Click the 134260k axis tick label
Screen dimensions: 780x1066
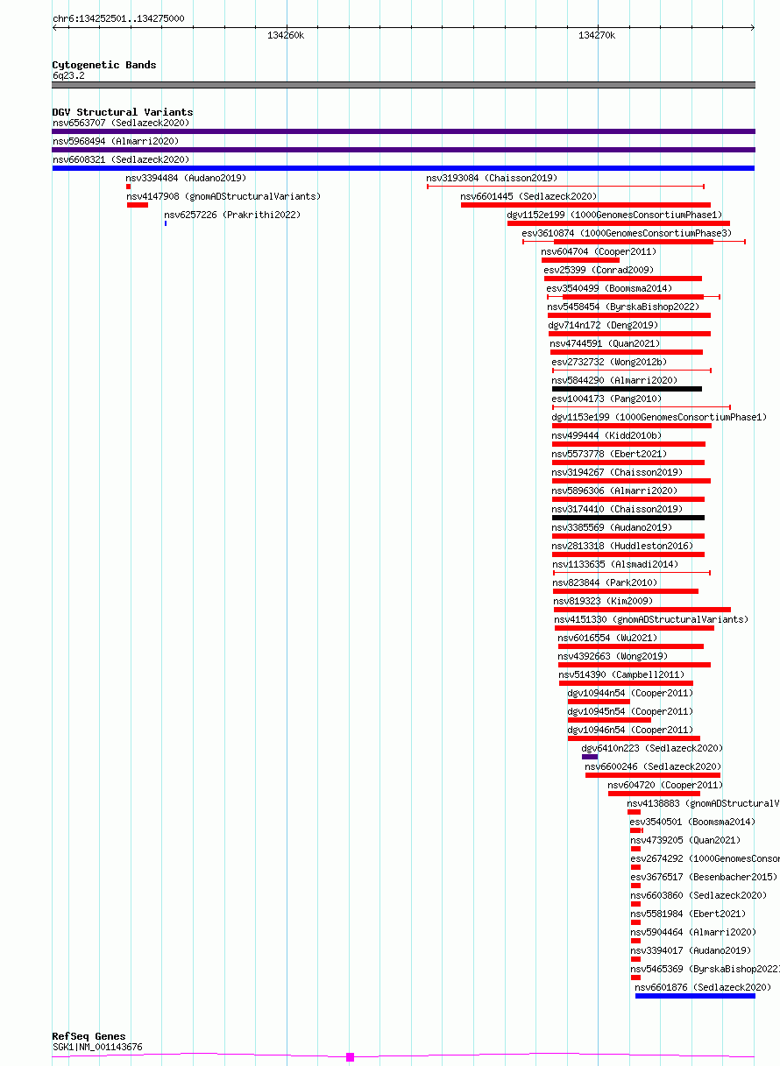click(286, 35)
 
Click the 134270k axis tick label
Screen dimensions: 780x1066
click(597, 35)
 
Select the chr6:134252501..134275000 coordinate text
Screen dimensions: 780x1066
click(118, 18)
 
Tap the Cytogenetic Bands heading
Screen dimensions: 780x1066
click(103, 65)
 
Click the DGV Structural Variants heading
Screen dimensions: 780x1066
click(123, 112)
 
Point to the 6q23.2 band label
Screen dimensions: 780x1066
click(68, 75)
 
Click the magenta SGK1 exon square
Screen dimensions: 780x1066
click(350, 1057)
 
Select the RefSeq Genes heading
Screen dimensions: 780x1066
click(89, 1036)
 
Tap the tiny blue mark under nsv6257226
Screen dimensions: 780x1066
click(166, 223)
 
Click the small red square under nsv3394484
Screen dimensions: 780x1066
click(128, 187)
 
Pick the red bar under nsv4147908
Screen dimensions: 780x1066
click(137, 205)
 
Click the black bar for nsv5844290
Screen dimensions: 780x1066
click(627, 389)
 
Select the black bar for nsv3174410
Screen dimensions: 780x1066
click(628, 518)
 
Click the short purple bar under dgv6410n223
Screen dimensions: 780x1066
click(590, 757)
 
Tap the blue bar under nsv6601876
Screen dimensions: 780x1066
click(695, 996)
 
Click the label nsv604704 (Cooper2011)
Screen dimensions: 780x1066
click(599, 251)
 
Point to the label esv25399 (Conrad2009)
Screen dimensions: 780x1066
click(599, 270)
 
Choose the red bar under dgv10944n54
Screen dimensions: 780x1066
click(599, 702)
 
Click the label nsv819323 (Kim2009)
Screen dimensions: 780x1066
click(603, 601)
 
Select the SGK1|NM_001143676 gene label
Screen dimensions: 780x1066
click(97, 1047)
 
